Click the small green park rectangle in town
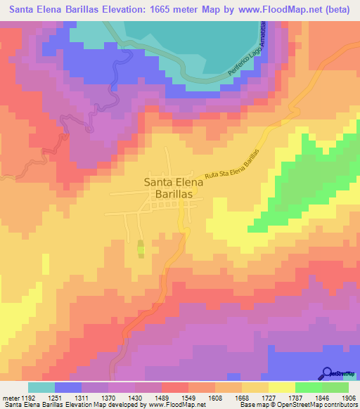(140, 249)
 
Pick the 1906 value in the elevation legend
(349, 398)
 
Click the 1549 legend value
(174, 398)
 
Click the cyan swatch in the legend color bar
(41, 387)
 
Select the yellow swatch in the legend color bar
(281, 387)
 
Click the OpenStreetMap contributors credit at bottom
(322, 405)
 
